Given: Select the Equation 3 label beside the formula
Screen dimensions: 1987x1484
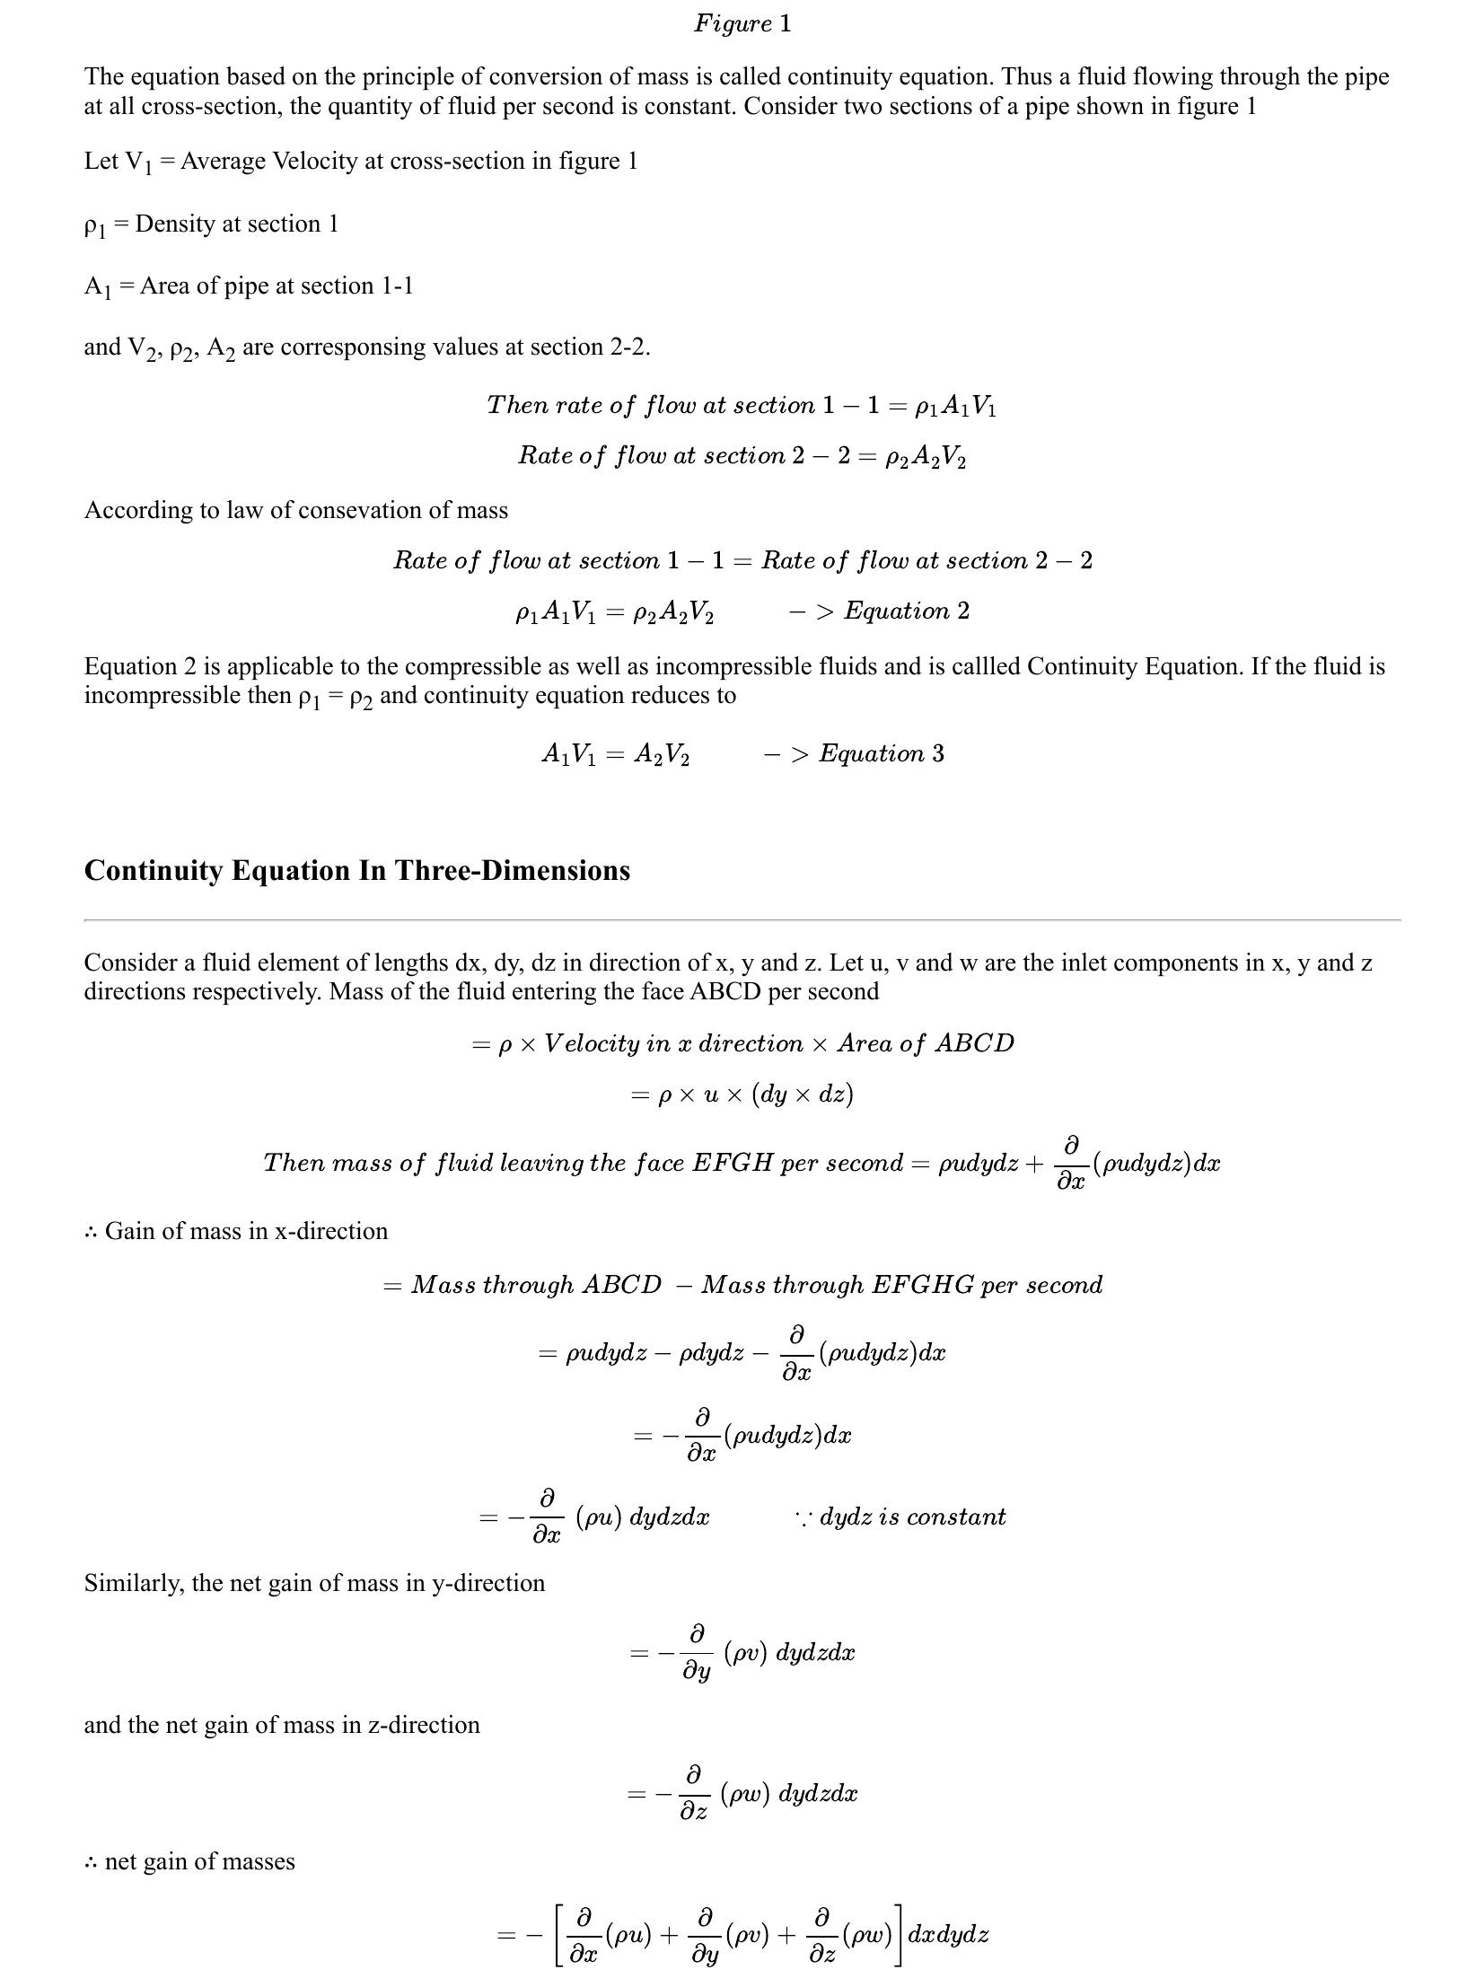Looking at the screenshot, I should pyautogui.click(x=882, y=753).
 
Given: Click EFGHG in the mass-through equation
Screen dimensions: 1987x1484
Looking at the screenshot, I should pyautogui.click(x=923, y=1285).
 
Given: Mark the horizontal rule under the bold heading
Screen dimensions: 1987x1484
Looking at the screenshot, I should pyautogui.click(x=742, y=919).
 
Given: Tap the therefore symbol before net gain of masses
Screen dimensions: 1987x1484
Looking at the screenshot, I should pyautogui.click(x=91, y=1861).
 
